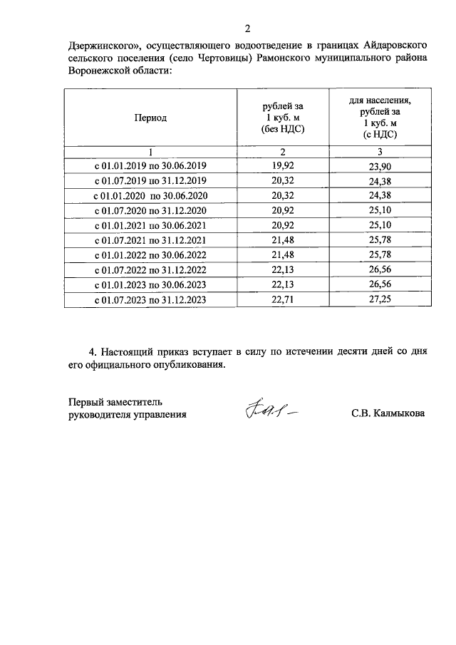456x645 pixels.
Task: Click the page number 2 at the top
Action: [248, 29]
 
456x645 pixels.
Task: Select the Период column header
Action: [150, 118]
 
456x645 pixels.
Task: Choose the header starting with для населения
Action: [380, 118]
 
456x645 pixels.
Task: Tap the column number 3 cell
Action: [380, 152]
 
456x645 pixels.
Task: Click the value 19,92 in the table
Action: [283, 165]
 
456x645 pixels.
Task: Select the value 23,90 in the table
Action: [380, 165]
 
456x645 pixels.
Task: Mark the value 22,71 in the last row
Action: [283, 300]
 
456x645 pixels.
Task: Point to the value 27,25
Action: [380, 300]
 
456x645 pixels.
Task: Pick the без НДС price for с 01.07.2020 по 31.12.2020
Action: [283, 210]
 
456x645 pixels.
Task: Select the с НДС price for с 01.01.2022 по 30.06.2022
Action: [380, 255]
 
